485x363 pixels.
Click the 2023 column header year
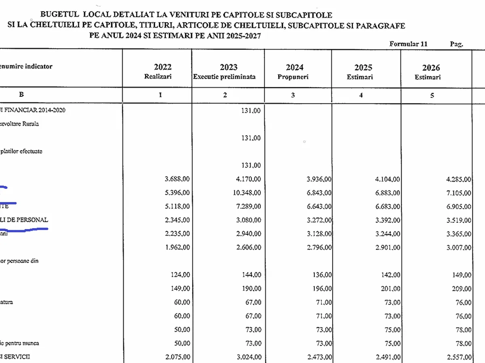click(228, 67)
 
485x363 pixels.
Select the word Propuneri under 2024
click(290, 77)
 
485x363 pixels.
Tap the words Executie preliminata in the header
click(224, 77)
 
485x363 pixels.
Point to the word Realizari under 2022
click(158, 77)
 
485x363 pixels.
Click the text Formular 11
click(408, 44)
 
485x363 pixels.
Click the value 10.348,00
click(246, 193)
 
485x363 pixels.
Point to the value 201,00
click(390, 289)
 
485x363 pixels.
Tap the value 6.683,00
click(386, 207)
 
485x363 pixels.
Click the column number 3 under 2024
click(293, 95)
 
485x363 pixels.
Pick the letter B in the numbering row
click(21, 95)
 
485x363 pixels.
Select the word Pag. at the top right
click(457, 44)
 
